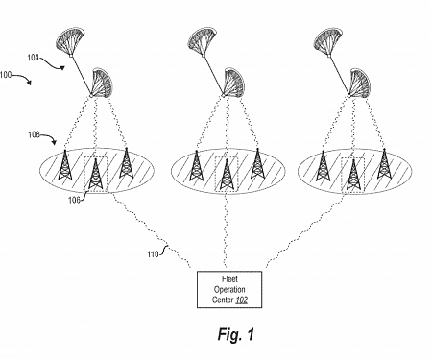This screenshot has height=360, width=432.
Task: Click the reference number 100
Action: click(x=10, y=73)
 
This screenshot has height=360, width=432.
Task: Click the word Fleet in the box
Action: click(x=217, y=277)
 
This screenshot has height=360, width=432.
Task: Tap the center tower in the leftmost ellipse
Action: click(x=95, y=173)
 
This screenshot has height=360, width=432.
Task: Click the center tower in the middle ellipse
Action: click(x=227, y=173)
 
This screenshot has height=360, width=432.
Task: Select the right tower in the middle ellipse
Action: click(x=256, y=164)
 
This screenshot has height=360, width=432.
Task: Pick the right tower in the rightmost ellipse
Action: click(x=384, y=164)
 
